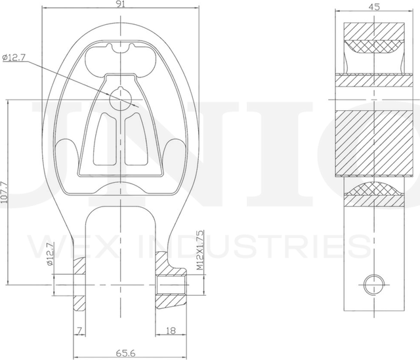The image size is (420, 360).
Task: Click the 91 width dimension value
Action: tap(121, 4)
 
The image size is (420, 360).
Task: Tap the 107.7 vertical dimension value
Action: tap(5, 193)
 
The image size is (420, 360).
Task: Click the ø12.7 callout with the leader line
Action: tap(14, 58)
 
